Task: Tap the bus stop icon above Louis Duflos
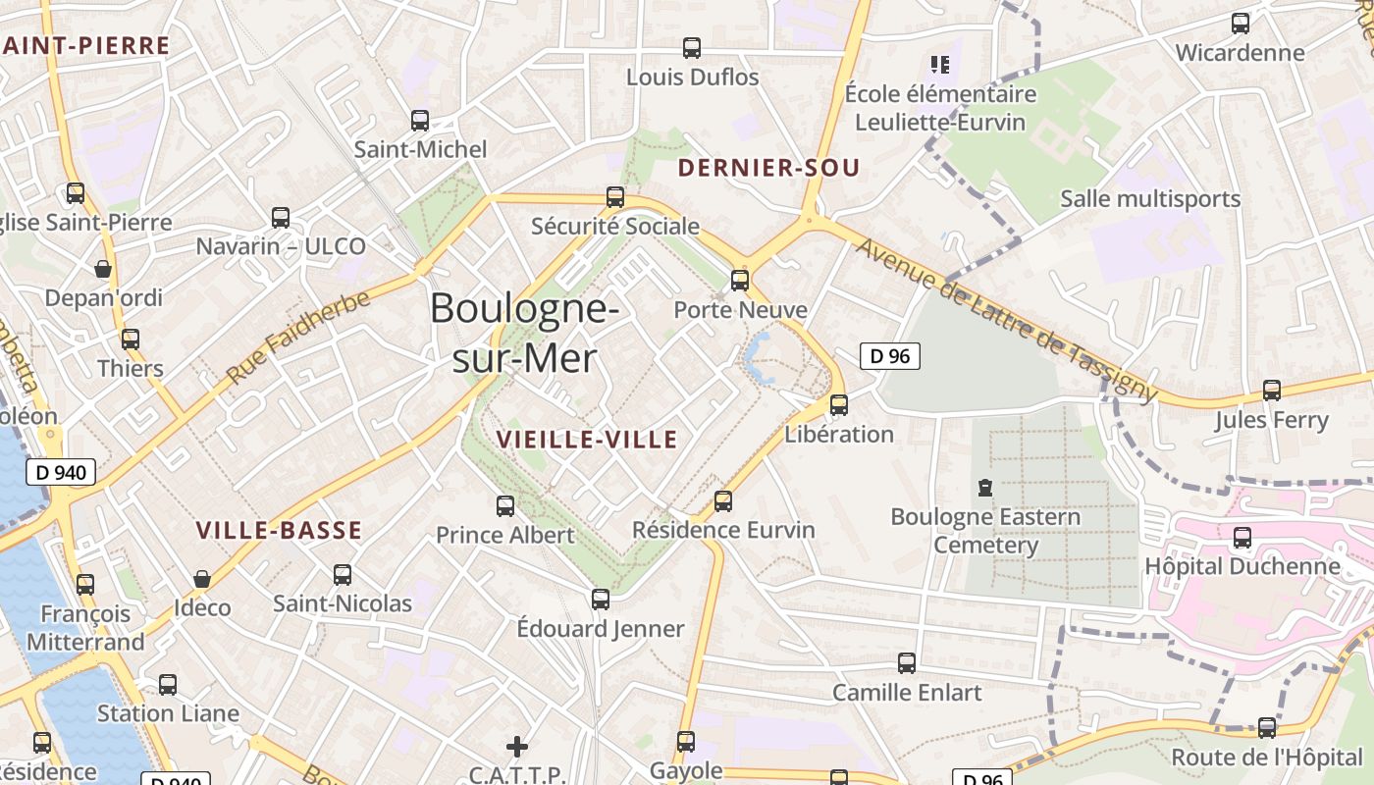pyautogui.click(x=692, y=47)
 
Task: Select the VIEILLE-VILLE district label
pyautogui.click(x=587, y=439)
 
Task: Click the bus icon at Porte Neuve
pyautogui.click(x=740, y=281)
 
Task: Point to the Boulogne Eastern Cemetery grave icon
pyautogui.click(x=985, y=487)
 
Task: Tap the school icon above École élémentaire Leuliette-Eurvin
pyautogui.click(x=940, y=65)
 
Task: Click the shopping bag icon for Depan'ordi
pyautogui.click(x=103, y=269)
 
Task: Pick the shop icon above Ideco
pyautogui.click(x=202, y=579)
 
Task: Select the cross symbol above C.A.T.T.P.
pyautogui.click(x=516, y=747)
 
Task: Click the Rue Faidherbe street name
pyautogui.click(x=298, y=337)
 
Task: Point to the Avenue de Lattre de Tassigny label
pyautogui.click(x=1006, y=319)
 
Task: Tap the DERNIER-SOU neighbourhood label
pyautogui.click(x=768, y=168)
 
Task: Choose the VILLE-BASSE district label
pyautogui.click(x=279, y=531)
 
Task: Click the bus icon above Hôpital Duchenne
pyautogui.click(x=1242, y=538)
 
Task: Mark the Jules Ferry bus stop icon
pyautogui.click(x=1272, y=391)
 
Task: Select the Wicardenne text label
pyautogui.click(x=1241, y=53)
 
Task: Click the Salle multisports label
pyautogui.click(x=1150, y=199)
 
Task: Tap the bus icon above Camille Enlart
pyautogui.click(x=907, y=663)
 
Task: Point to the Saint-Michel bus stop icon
pyautogui.click(x=420, y=121)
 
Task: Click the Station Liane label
pyautogui.click(x=168, y=713)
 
